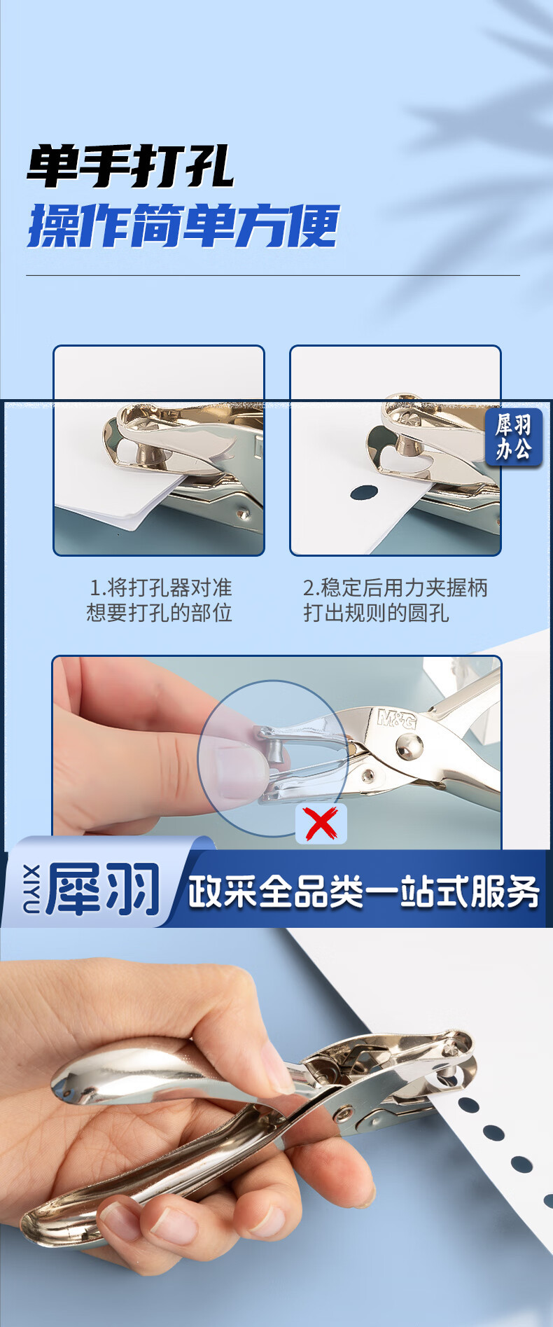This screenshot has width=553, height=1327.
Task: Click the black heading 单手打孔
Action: [x=130, y=167]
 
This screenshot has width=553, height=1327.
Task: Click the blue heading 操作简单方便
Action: [x=183, y=226]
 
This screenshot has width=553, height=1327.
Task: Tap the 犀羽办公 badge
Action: [x=514, y=438]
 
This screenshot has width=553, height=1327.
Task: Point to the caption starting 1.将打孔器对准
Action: [x=160, y=600]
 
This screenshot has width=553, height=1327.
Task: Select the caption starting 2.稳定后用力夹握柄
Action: [x=395, y=600]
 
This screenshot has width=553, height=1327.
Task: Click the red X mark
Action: [x=321, y=823]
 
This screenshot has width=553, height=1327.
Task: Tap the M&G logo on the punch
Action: [x=397, y=718]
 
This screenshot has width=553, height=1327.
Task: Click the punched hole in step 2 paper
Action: [x=364, y=492]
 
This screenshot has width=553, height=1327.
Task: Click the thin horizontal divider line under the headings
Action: [x=273, y=275]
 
